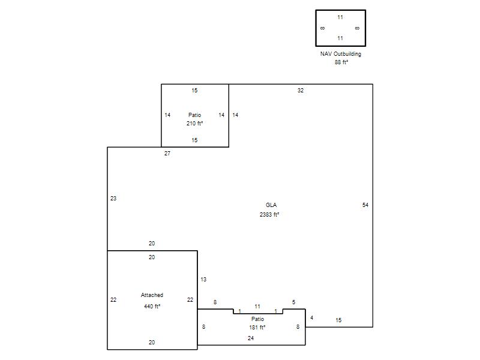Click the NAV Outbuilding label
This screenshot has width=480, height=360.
[x=340, y=54]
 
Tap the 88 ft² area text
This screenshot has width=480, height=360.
[x=341, y=62]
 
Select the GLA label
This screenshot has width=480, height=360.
[x=271, y=205]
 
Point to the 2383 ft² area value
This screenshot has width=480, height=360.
[x=269, y=215]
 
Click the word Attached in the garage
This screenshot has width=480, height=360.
[x=152, y=295]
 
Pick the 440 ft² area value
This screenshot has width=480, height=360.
[x=152, y=307]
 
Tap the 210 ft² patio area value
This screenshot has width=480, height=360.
[x=194, y=124]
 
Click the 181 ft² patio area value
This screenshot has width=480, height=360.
[x=257, y=327]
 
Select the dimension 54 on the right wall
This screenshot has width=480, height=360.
[x=365, y=205]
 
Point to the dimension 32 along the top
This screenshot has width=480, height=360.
[x=301, y=91]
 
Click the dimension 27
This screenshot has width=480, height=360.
[x=167, y=154]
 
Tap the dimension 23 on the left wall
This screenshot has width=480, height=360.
[x=113, y=199]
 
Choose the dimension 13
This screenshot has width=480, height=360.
[x=203, y=280]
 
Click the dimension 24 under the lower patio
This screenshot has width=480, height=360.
[x=251, y=338]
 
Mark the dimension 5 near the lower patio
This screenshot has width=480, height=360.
[x=293, y=302]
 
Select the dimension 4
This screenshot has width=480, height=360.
[x=311, y=318]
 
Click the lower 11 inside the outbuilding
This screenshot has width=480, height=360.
[x=340, y=38]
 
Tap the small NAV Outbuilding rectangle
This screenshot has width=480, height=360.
[x=316, y=28]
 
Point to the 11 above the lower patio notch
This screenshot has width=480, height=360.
[x=257, y=307]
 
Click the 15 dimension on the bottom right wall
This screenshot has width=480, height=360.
[x=338, y=320]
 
